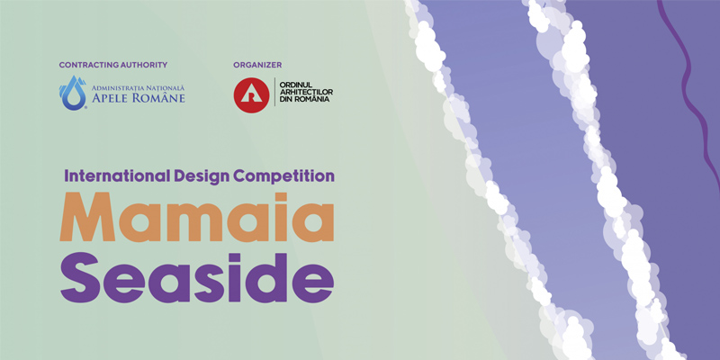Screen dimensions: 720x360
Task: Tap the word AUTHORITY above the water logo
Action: point(144,65)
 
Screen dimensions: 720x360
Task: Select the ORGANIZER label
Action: point(257,65)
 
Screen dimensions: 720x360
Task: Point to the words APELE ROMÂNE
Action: point(139,98)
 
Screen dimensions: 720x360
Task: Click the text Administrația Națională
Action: point(138,87)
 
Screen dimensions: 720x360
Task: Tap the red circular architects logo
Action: point(251,95)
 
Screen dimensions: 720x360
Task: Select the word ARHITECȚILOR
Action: point(306,93)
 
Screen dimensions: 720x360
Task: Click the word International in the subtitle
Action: point(118,175)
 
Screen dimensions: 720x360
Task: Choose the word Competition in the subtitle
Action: point(283,176)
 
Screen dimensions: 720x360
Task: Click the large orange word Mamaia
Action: point(197,217)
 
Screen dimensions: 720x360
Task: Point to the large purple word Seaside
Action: point(197,277)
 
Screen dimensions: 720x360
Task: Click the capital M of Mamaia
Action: point(87,217)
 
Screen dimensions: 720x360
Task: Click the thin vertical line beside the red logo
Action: point(274,92)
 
